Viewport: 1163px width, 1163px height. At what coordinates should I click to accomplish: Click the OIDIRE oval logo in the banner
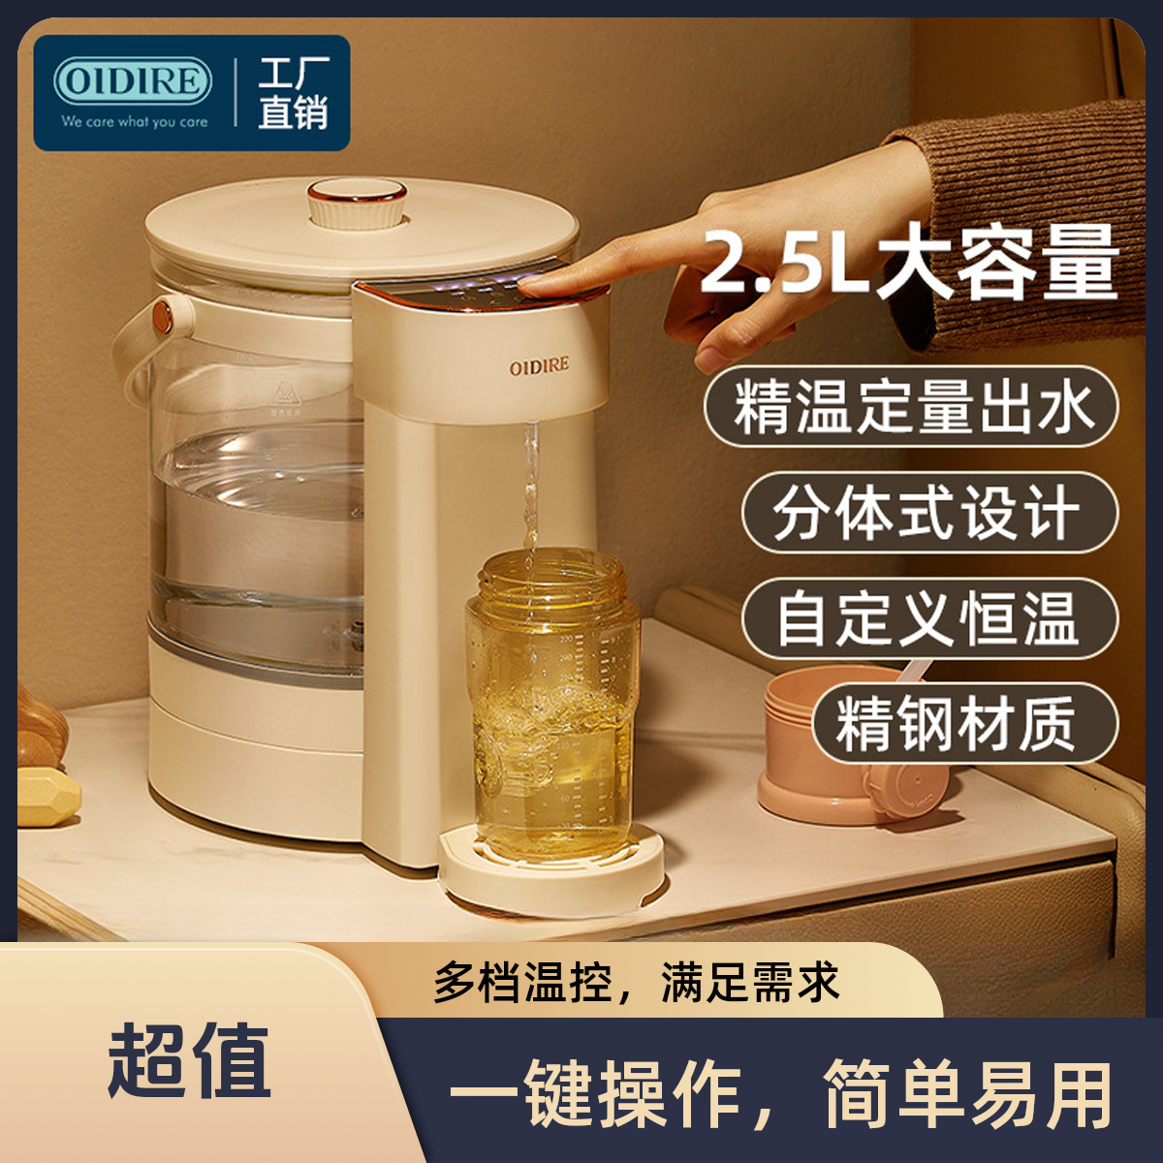[x=133, y=81]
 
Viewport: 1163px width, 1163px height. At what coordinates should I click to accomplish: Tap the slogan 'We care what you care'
[x=135, y=122]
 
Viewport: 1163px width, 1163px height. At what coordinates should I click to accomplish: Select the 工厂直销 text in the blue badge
[x=294, y=94]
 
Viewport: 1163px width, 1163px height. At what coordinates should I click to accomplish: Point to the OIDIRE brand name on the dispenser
[x=539, y=366]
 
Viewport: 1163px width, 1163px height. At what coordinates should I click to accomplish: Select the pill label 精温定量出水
[x=911, y=407]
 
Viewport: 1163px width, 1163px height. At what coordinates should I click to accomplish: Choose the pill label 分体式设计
[x=929, y=514]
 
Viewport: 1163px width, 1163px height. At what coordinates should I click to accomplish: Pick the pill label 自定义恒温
[x=929, y=619]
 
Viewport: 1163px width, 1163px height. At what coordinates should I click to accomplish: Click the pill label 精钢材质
[x=964, y=724]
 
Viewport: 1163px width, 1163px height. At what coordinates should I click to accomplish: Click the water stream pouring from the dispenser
[x=531, y=488]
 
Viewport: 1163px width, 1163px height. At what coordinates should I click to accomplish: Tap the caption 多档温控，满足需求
[x=637, y=982]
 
